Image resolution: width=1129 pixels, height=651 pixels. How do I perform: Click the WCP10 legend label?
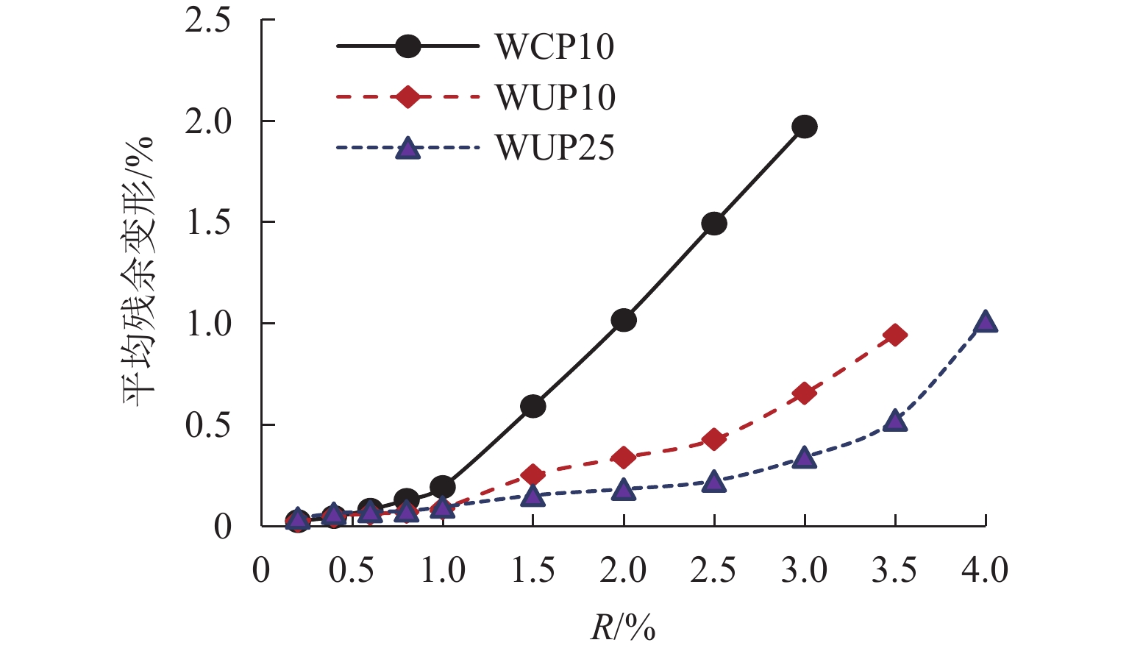pyautogui.click(x=555, y=47)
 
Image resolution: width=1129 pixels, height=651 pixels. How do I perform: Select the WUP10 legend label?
pyautogui.click(x=555, y=97)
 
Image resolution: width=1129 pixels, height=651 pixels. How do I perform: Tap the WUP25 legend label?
pyautogui.click(x=555, y=147)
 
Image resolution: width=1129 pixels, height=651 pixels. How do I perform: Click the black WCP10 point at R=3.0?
pyautogui.click(x=805, y=127)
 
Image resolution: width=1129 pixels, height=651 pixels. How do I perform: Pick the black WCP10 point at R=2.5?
pyautogui.click(x=714, y=224)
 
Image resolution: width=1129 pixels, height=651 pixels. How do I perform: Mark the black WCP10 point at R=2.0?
pyautogui.click(x=624, y=321)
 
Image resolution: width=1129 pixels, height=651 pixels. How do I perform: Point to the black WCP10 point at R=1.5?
pyautogui.click(x=533, y=406)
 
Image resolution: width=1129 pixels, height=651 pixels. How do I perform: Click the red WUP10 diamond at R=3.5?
pyautogui.click(x=895, y=335)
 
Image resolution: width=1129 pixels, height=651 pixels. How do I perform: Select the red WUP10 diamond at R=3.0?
pyautogui.click(x=805, y=394)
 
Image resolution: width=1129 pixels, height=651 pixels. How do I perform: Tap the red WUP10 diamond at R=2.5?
pyautogui.click(x=714, y=439)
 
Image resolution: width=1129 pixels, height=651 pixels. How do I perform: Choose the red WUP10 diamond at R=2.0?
pyautogui.click(x=624, y=458)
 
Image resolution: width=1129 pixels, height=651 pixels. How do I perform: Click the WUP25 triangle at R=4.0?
pyautogui.click(x=986, y=322)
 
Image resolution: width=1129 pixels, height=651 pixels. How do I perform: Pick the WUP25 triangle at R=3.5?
pyautogui.click(x=895, y=421)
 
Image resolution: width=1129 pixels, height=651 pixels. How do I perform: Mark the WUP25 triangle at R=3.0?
pyautogui.click(x=805, y=458)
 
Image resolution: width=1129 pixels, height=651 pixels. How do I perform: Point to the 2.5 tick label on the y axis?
pyautogui.click(x=207, y=21)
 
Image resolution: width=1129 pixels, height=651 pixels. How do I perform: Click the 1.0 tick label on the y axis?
pyautogui.click(x=207, y=324)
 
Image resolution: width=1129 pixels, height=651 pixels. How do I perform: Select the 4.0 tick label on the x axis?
pyautogui.click(x=986, y=571)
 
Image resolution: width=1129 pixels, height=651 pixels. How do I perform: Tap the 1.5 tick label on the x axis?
pyautogui.click(x=533, y=571)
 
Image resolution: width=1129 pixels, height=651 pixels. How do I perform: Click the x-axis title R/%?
pyautogui.click(x=622, y=628)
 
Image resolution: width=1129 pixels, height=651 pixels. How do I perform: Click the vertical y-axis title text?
pyautogui.click(x=140, y=272)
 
